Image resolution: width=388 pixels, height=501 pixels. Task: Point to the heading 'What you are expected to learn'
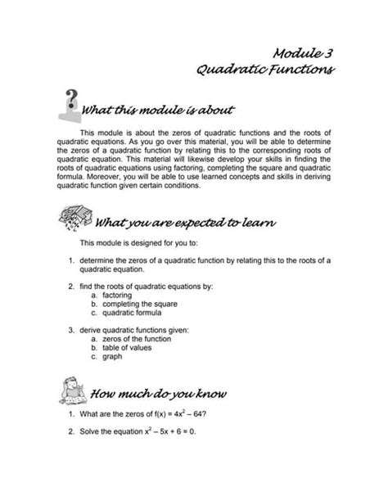click(185, 223)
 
